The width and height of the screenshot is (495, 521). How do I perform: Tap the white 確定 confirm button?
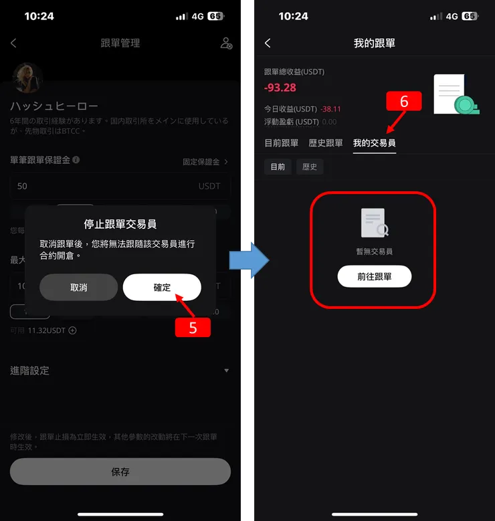[x=162, y=288]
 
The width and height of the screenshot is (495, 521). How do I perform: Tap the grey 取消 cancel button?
[x=78, y=288]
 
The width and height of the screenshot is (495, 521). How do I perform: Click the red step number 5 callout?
[x=193, y=328]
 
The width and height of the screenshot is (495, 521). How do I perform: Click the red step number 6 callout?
[x=403, y=101]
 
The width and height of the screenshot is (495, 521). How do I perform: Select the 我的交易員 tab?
[x=374, y=143]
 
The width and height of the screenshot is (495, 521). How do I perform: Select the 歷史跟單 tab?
[x=326, y=143]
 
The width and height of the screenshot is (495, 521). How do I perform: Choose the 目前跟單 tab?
[x=282, y=143]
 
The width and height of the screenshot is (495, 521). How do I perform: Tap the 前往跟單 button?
[x=374, y=277]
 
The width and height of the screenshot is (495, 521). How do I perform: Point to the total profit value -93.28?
[x=280, y=88]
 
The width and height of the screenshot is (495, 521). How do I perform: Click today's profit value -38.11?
[x=330, y=109]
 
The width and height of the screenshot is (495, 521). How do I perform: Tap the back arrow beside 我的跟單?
[x=268, y=43]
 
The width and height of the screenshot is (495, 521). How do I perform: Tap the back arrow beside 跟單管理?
[x=13, y=43]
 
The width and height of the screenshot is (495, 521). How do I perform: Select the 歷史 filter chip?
[x=310, y=167]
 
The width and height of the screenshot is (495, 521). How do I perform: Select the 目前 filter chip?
[x=278, y=167]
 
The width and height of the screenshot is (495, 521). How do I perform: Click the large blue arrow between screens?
[x=249, y=261]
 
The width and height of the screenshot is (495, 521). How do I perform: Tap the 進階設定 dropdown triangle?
[x=226, y=371]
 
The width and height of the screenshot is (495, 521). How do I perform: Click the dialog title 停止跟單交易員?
[x=120, y=224]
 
